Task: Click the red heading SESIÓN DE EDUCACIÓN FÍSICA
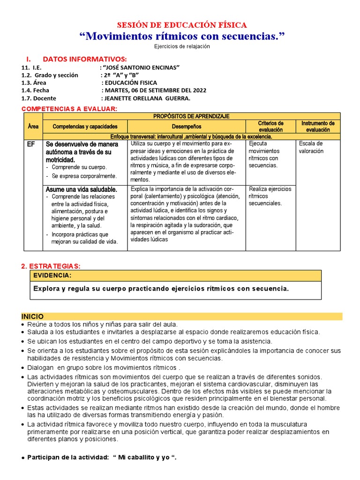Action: click(181, 25)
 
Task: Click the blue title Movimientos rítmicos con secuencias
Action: click(182, 36)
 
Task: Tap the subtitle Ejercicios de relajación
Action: click(182, 46)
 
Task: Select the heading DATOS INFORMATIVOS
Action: click(84, 59)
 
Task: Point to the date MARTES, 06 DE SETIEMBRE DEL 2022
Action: click(155, 90)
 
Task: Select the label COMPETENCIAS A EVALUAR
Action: click(69, 109)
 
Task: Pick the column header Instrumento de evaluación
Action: click(318, 126)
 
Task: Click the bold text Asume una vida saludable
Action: click(81, 189)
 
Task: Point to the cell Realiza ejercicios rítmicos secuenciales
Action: click(270, 196)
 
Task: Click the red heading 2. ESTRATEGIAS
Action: click(51, 266)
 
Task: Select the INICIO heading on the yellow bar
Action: click(32, 316)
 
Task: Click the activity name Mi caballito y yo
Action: click(145, 457)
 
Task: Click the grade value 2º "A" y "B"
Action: click(120, 75)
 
